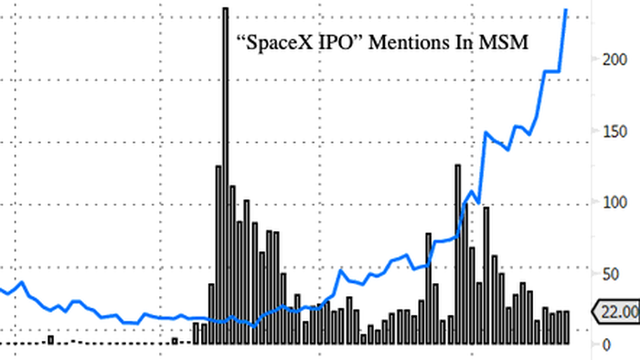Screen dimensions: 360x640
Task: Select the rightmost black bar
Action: coord(566,327)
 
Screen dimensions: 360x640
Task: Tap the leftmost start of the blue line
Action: coord(2,290)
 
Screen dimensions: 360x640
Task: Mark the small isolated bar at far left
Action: coord(50,340)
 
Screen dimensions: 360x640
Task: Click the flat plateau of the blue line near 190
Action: coord(551,71)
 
